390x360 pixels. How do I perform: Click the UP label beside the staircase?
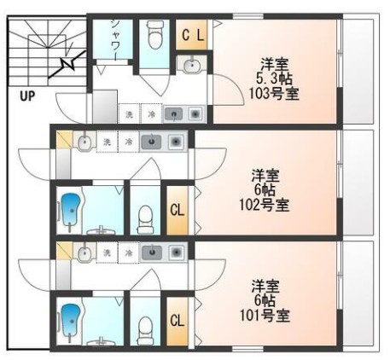26,96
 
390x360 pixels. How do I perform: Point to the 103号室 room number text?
275,93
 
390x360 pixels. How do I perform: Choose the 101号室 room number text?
265,315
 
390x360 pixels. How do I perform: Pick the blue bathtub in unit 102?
69,210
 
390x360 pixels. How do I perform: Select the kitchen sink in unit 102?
150,141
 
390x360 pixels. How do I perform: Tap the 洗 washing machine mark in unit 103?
129,113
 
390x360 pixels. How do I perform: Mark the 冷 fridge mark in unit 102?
128,141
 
